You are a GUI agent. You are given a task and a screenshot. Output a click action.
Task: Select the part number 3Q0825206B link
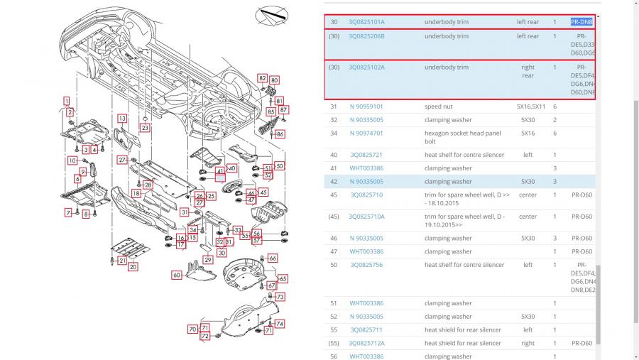click(x=366, y=36)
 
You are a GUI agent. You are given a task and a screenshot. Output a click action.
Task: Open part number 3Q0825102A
click(x=366, y=67)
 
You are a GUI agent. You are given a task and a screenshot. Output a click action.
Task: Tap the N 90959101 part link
click(x=366, y=107)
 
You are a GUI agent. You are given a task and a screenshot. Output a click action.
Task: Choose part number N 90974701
click(x=366, y=133)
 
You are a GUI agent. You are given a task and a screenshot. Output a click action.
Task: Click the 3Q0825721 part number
click(x=366, y=155)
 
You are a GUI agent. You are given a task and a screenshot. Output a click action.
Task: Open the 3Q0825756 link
click(x=366, y=265)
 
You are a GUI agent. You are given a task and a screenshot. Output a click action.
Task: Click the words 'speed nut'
click(x=438, y=107)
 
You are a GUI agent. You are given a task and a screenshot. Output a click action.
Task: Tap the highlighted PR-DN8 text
click(x=581, y=22)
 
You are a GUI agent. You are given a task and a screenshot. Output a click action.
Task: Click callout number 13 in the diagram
click(x=122, y=119)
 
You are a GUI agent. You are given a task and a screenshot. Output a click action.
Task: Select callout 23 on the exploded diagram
click(x=145, y=128)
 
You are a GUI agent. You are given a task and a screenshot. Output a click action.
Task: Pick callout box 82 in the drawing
click(x=263, y=78)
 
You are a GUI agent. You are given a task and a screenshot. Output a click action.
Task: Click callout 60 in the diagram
click(x=177, y=275)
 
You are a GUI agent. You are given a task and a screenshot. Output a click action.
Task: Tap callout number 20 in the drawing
click(x=133, y=267)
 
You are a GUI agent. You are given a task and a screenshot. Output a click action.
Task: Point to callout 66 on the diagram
click(x=273, y=258)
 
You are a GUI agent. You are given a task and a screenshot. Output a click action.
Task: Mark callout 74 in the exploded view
click(x=280, y=324)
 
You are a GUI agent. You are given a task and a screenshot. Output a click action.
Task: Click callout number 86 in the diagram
click(x=280, y=134)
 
